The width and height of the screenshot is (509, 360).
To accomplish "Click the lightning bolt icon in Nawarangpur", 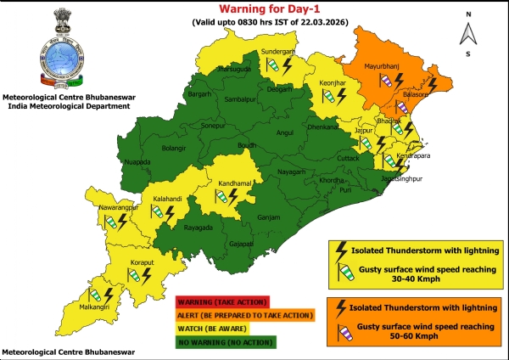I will click(122, 222).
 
